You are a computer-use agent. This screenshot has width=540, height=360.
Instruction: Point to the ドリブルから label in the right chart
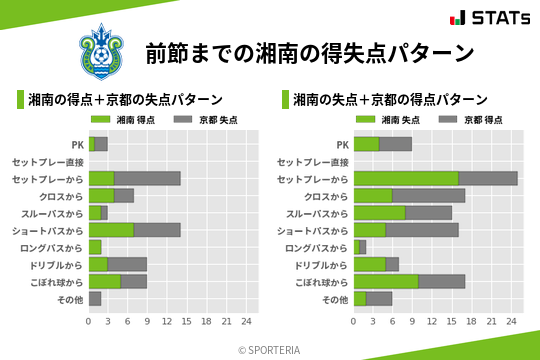322,264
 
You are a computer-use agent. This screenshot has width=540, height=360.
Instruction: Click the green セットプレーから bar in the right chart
406,178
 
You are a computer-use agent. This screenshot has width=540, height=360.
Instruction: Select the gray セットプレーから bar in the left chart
147,178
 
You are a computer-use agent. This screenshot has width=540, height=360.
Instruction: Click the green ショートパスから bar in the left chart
111,230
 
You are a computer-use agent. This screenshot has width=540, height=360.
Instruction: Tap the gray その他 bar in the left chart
95,298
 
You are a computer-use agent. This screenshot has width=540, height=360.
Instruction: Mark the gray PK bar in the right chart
395,144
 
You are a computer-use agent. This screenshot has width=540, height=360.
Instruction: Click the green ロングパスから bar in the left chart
95,247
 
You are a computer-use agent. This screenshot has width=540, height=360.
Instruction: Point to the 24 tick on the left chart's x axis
246,321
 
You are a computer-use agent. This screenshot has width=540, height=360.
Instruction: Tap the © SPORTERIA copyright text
270,349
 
